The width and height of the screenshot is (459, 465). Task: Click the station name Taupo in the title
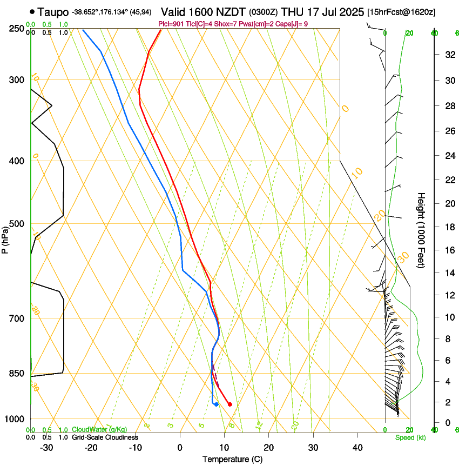point(53,11)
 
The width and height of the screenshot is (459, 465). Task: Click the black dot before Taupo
point(33,11)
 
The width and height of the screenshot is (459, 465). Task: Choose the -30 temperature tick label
point(46,447)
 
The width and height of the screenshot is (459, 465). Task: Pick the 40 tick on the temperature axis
point(357,447)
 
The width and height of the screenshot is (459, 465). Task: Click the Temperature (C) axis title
point(232,459)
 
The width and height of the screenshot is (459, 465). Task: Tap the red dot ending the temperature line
point(230,404)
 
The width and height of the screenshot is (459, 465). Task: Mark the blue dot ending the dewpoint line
point(216,404)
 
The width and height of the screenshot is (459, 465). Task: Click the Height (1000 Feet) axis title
point(421,230)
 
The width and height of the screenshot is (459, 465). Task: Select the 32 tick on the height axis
point(449,55)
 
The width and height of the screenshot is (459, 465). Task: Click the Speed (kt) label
point(410,437)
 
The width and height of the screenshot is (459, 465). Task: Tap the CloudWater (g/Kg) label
point(99,430)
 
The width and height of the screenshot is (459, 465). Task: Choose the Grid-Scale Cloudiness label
point(105,437)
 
